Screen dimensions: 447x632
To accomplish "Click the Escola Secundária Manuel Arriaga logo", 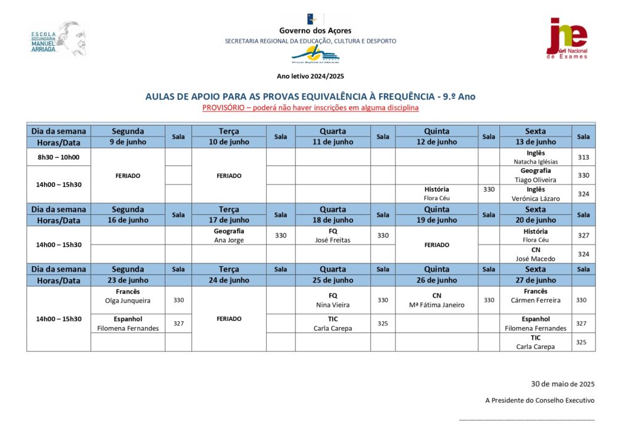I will pyautogui.click(x=58, y=40).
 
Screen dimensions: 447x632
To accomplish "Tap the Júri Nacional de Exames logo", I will pyautogui.click(x=567, y=38).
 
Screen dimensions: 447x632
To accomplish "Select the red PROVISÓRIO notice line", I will pyautogui.click(x=310, y=108).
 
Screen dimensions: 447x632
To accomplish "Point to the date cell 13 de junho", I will pyautogui.click(x=535, y=142).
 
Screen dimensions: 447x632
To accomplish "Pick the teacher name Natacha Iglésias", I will pyautogui.click(x=535, y=162).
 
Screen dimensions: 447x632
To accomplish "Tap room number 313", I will pyautogui.click(x=583, y=157).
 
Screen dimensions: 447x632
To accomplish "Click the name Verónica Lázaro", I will pyautogui.click(x=535, y=199).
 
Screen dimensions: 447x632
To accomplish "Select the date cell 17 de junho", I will pyautogui.click(x=229, y=220).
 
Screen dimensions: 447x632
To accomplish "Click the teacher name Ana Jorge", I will pyautogui.click(x=229, y=240).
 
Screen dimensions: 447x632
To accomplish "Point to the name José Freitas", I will pyautogui.click(x=333, y=240).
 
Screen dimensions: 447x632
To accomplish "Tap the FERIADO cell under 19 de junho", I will pyautogui.click(x=436, y=245).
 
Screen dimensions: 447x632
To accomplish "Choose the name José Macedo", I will pyautogui.click(x=535, y=259).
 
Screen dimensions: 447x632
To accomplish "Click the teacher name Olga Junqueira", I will pyautogui.click(x=128, y=301).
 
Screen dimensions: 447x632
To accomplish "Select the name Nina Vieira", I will pyautogui.click(x=333, y=305).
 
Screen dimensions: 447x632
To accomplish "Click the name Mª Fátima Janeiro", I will pyautogui.click(x=436, y=305).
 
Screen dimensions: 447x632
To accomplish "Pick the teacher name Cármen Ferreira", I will pyautogui.click(x=535, y=301).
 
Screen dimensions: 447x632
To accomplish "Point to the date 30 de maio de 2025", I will pyautogui.click(x=562, y=384).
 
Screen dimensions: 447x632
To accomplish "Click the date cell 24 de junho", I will pyautogui.click(x=229, y=280).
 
